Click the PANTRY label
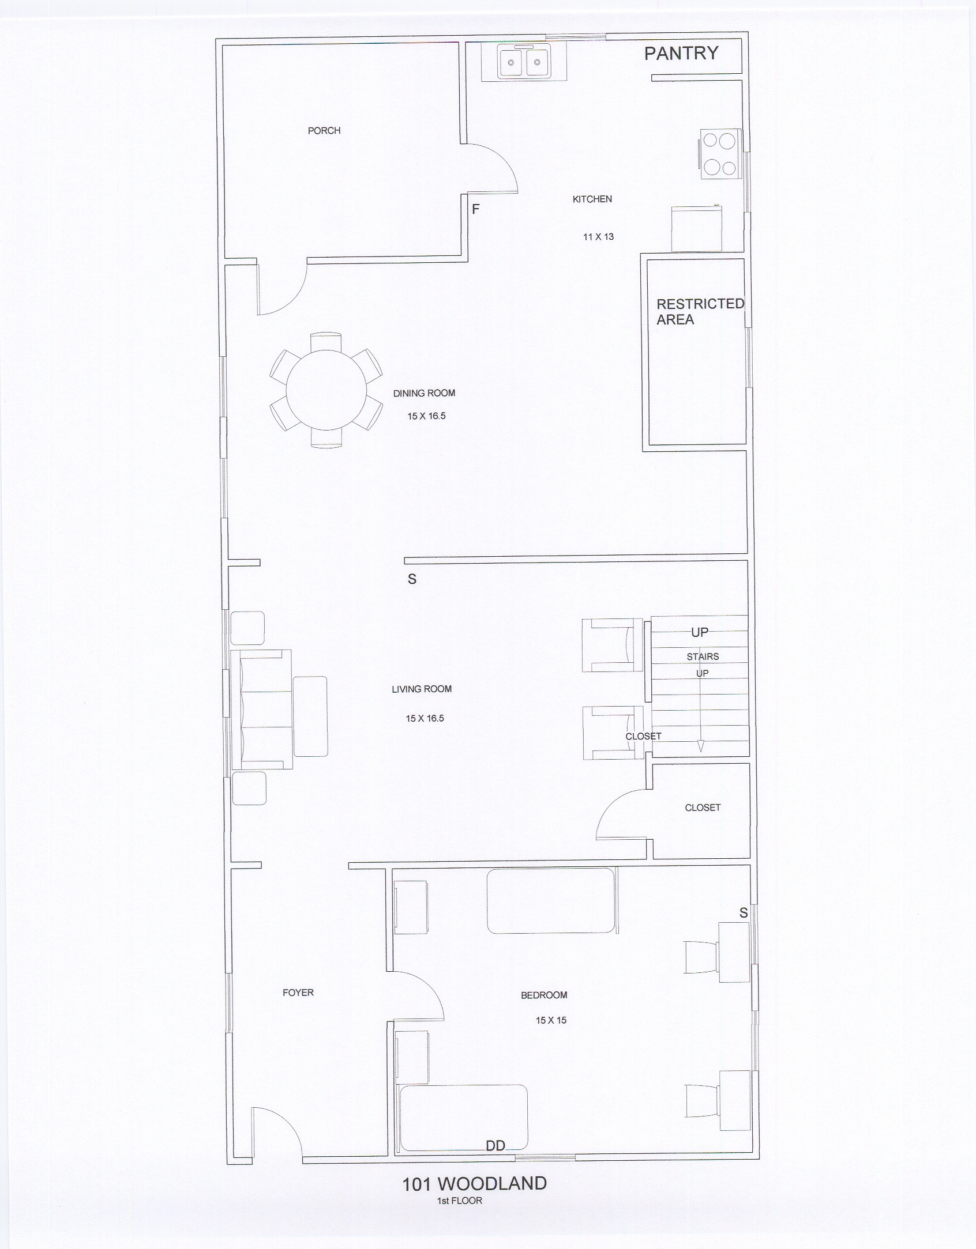point(681,53)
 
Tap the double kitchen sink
point(524,62)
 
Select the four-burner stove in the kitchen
point(720,153)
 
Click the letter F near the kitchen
point(476,209)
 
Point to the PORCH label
point(324,131)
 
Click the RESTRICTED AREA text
point(700,312)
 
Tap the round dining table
point(326,390)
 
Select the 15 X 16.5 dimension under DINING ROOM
point(426,416)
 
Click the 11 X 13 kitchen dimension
point(598,236)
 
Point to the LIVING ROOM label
point(422,689)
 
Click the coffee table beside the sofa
point(310,716)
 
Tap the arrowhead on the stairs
point(701,746)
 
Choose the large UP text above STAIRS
point(700,632)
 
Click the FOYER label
point(298,993)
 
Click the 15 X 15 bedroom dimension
point(551,1020)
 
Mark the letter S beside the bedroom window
point(744,913)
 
